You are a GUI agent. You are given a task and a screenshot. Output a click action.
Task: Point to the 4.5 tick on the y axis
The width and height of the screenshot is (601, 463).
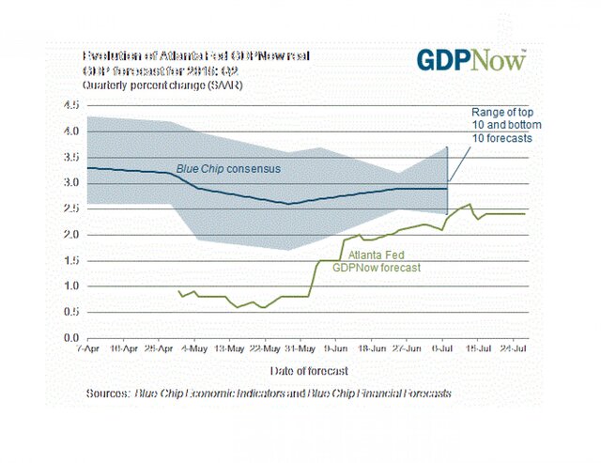tap(71, 105)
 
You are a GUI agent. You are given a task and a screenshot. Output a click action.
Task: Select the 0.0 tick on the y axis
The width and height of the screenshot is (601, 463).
tap(71, 337)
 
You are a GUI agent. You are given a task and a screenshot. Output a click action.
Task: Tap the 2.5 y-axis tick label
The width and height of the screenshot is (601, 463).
tap(71, 208)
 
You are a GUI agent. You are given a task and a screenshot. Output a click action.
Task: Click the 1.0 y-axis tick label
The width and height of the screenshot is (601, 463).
tap(71, 286)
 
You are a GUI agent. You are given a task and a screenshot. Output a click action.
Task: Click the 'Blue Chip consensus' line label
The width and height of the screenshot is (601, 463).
tap(229, 169)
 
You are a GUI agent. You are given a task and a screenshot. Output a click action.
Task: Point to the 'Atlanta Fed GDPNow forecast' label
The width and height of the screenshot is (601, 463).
tap(384, 261)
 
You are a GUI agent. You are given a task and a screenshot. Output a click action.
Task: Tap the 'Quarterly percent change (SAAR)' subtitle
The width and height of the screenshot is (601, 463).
tap(159, 85)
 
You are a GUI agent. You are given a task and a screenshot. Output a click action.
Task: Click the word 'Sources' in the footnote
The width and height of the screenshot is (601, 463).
tap(105, 394)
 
